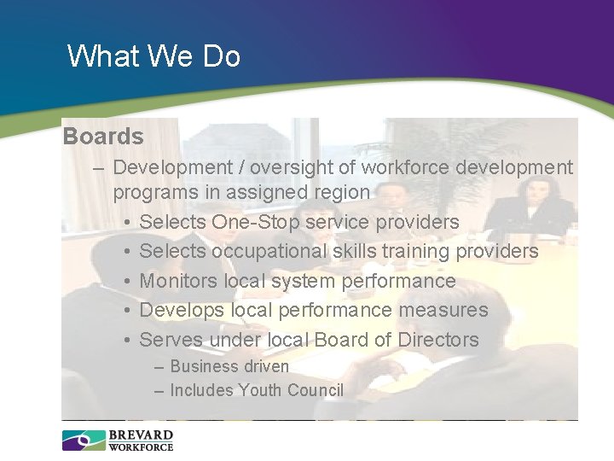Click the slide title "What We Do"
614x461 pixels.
[153, 56]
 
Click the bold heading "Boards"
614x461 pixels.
[103, 137]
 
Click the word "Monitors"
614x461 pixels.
[177, 281]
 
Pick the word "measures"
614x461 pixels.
[445, 310]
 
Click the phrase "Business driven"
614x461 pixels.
[229, 366]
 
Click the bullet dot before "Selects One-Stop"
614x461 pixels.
[125, 223]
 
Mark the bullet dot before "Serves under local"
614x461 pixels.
[125, 341]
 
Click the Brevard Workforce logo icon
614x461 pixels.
[83, 441]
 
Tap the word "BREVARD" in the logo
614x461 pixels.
[141, 435]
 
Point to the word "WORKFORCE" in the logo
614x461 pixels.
[141, 446]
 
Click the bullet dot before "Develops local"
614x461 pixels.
[125, 311]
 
